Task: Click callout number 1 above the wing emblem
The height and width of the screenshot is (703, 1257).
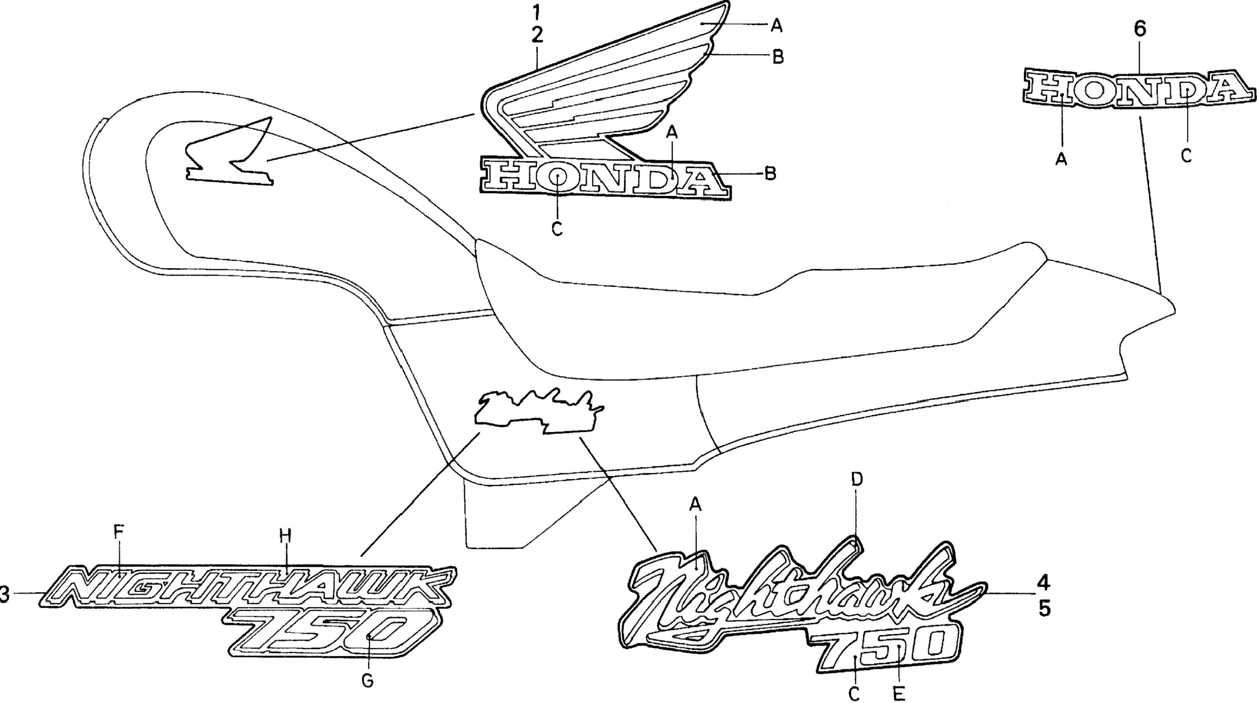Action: pyautogui.click(x=537, y=11)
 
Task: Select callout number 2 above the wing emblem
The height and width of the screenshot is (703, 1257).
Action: pyautogui.click(x=537, y=34)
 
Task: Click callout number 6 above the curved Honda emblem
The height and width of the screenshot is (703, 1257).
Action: pyautogui.click(x=1140, y=29)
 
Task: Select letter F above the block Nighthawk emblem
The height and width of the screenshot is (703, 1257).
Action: pyautogui.click(x=119, y=532)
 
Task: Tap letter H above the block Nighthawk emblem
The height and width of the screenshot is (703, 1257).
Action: pyautogui.click(x=285, y=536)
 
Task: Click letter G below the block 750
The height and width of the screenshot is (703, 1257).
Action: pyautogui.click(x=368, y=680)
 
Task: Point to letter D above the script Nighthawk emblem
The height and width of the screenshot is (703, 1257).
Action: pyautogui.click(x=857, y=479)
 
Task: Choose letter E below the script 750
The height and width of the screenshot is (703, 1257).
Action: pyautogui.click(x=899, y=694)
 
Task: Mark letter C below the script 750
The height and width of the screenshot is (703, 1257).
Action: pyautogui.click(x=854, y=694)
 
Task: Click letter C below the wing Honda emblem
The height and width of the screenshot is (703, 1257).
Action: pyautogui.click(x=557, y=228)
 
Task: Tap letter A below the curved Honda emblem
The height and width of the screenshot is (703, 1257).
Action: pyautogui.click(x=1061, y=159)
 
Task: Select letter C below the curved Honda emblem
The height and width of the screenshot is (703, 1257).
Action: pyautogui.click(x=1186, y=156)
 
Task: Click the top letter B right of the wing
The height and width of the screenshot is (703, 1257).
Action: pyautogui.click(x=778, y=57)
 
